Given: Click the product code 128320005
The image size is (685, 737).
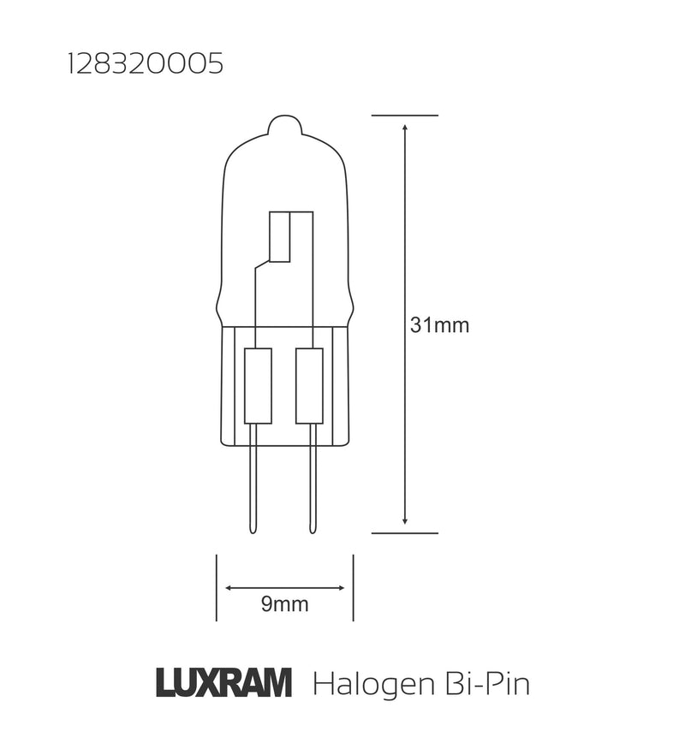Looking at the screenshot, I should tap(145, 66).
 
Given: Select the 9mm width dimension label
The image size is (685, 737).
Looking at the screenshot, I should tap(284, 605).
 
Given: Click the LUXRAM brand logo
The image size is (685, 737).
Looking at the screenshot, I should tap(224, 684).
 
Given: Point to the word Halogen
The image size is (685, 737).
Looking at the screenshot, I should tap(370, 686).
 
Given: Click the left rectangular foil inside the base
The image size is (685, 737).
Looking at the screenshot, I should tap(258, 385).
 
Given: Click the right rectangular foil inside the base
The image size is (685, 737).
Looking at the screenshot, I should tap(308, 385).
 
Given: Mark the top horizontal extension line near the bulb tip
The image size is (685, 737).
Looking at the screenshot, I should tap(405, 115).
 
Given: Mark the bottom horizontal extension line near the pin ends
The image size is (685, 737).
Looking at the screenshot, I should tap(405, 532).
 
